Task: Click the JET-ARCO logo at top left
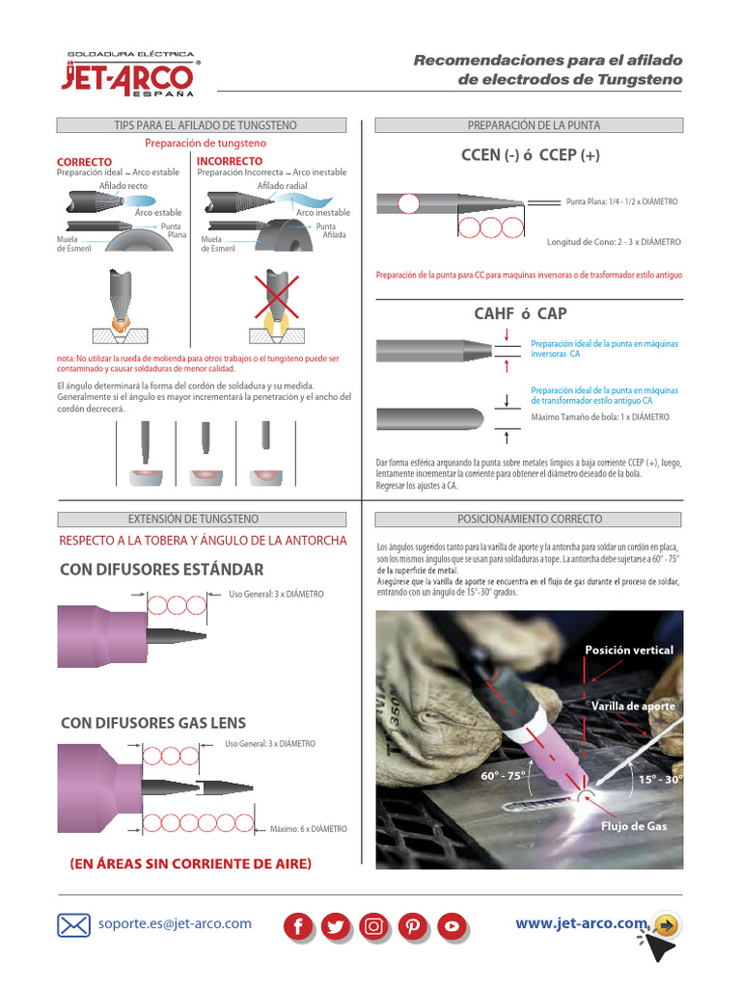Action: [131, 74]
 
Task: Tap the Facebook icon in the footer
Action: [299, 926]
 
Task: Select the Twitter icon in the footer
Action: [336, 926]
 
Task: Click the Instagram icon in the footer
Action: [373, 926]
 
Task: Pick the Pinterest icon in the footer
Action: [412, 926]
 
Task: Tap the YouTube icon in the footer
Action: [451, 926]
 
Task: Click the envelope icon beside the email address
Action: [73, 925]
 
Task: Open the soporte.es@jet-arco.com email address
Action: [175, 923]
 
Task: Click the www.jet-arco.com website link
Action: [581, 923]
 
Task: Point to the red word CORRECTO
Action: [84, 161]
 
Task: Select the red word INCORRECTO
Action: [229, 161]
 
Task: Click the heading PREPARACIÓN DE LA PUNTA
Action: [528, 125]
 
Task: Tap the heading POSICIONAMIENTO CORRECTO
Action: [529, 519]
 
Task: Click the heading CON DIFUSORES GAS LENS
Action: [153, 722]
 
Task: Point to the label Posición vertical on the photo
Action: [629, 651]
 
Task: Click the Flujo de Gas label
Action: [634, 826]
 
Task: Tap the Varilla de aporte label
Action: [633, 707]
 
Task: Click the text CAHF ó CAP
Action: [520, 313]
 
